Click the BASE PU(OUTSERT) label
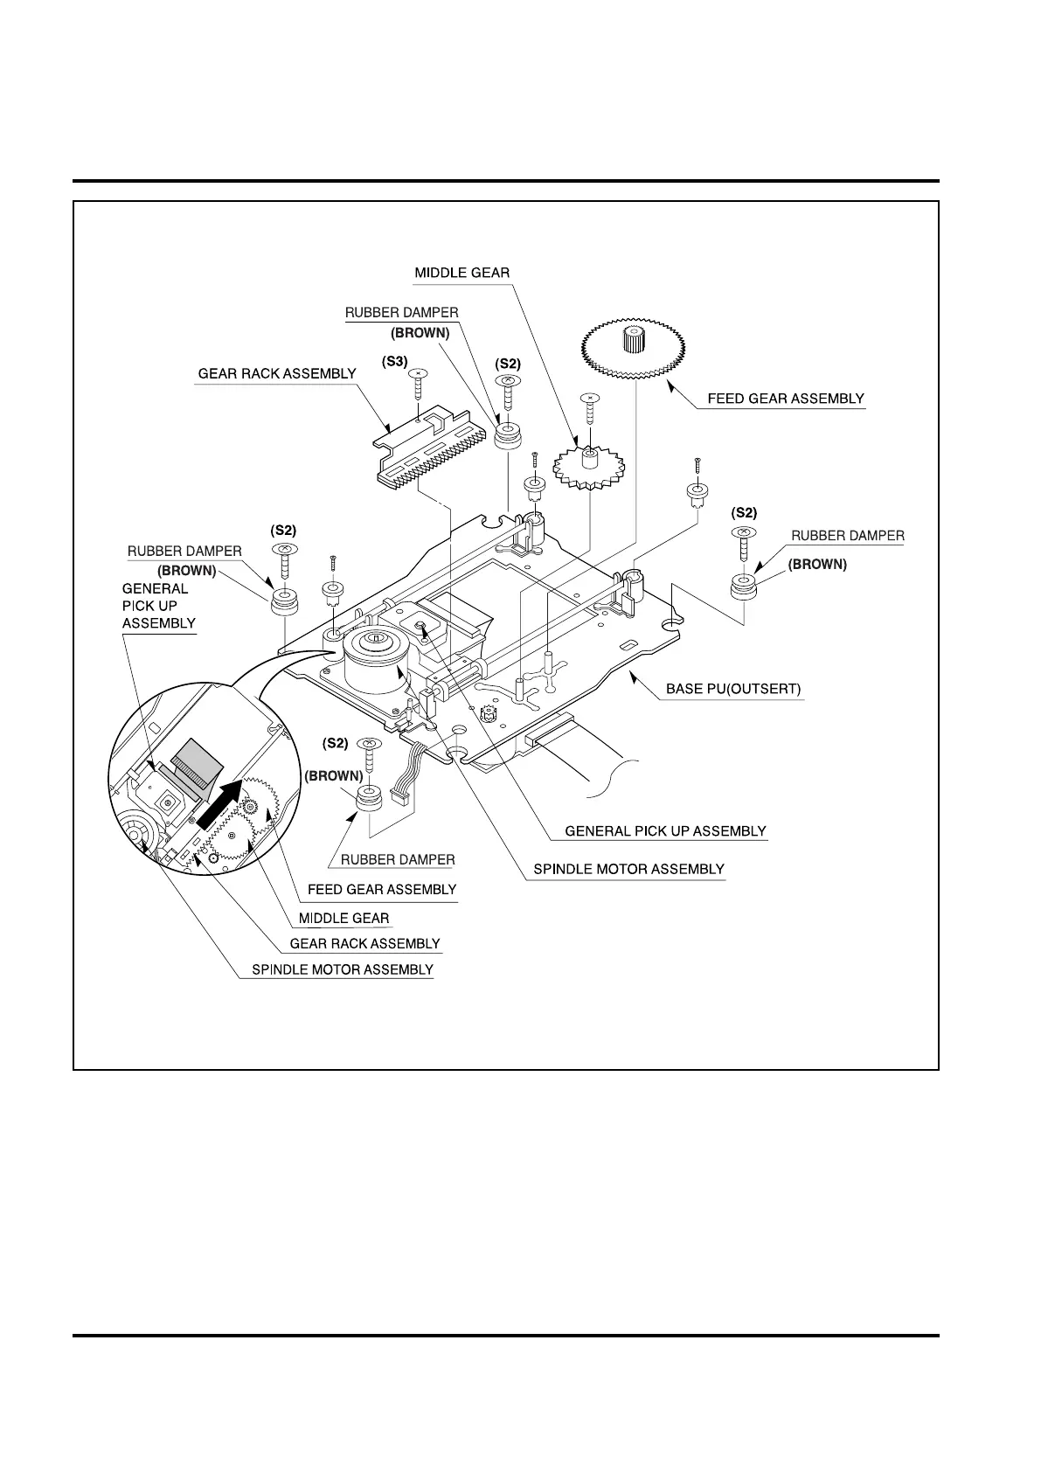(732, 689)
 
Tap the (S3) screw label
(395, 360)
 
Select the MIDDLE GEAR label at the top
(462, 273)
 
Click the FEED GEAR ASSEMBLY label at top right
(785, 399)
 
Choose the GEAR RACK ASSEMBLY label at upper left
(277, 373)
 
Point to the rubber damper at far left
(284, 602)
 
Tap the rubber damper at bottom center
(370, 799)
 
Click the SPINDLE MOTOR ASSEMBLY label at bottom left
(342, 969)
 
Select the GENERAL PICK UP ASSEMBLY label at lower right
(665, 830)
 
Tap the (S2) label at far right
(744, 513)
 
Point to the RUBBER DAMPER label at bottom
(398, 859)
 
